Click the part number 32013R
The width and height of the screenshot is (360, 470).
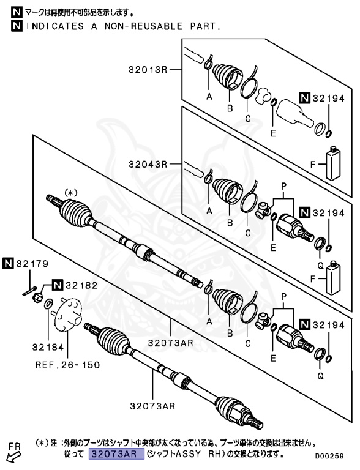tap(147, 70)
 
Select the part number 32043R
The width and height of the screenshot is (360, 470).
tap(147, 164)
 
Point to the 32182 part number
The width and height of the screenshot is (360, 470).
tap(81, 285)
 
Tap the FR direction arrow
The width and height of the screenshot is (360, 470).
tap(12, 455)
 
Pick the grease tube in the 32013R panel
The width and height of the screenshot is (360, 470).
tap(333, 163)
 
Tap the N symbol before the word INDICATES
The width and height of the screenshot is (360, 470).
tap(16, 27)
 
